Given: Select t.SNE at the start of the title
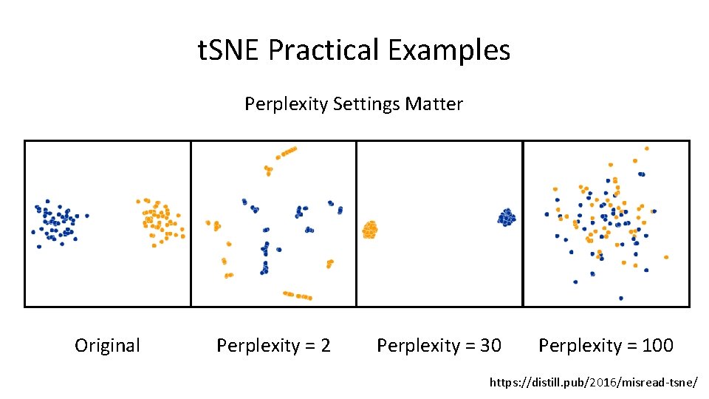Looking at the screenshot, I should (x=230, y=50).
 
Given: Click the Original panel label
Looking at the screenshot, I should (x=107, y=345).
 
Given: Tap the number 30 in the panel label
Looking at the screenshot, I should (x=490, y=345).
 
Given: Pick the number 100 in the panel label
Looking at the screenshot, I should (x=657, y=345).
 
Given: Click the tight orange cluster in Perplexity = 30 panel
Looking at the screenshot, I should (x=369, y=230).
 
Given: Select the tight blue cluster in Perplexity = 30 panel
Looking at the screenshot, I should (x=507, y=216).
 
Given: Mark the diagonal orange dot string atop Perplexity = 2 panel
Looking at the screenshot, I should (x=286, y=152).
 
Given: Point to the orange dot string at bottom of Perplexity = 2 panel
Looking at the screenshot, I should (x=297, y=296).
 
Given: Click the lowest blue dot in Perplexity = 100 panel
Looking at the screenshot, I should (x=620, y=299).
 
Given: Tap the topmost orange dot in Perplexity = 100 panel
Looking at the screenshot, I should (x=648, y=148).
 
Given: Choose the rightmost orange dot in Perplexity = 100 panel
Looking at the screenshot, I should (x=666, y=257).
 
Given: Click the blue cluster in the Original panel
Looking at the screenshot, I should (x=56, y=220).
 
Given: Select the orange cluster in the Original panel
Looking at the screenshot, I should (x=160, y=220).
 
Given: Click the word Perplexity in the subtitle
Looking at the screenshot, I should (x=287, y=104).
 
